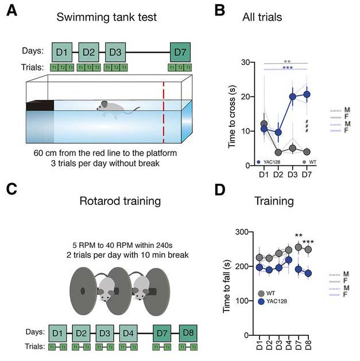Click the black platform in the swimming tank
point(40,105)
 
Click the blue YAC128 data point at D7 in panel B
point(307,95)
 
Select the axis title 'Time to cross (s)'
point(233,113)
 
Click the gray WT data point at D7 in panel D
point(298,247)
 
